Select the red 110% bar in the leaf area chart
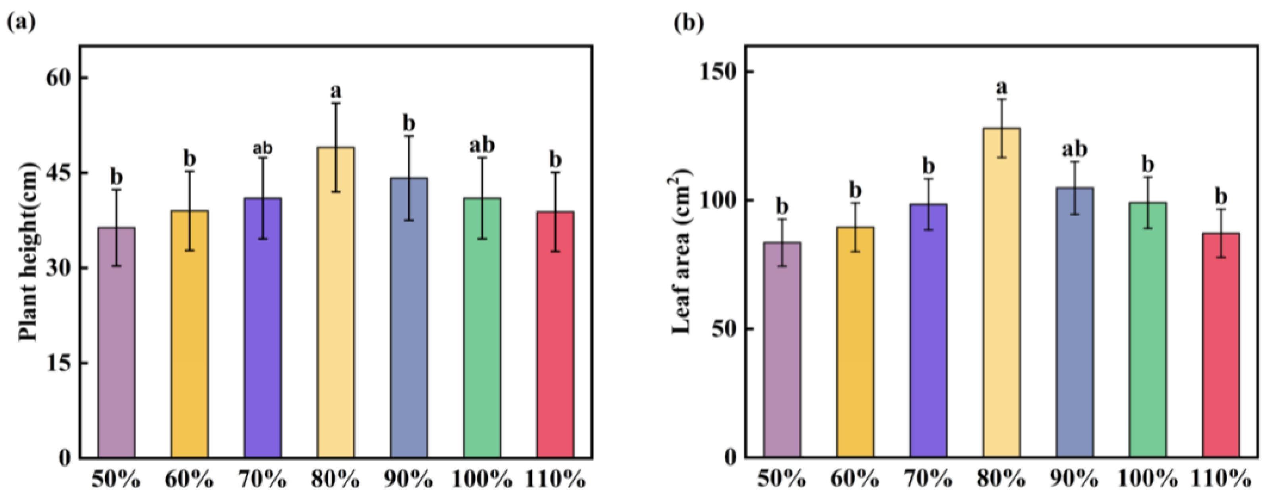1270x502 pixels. tap(1220, 345)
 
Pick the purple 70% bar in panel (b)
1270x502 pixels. tap(928, 330)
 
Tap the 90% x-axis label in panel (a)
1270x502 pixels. tap(409, 479)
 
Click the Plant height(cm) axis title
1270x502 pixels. tap(29, 252)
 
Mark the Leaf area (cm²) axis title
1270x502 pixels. tap(682, 252)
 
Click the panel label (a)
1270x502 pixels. tap(21, 22)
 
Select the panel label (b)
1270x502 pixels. tap(689, 22)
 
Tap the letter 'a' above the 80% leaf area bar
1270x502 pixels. tap(1001, 88)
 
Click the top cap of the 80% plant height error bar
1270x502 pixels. tap(336, 103)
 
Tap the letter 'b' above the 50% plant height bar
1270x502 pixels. tap(116, 176)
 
